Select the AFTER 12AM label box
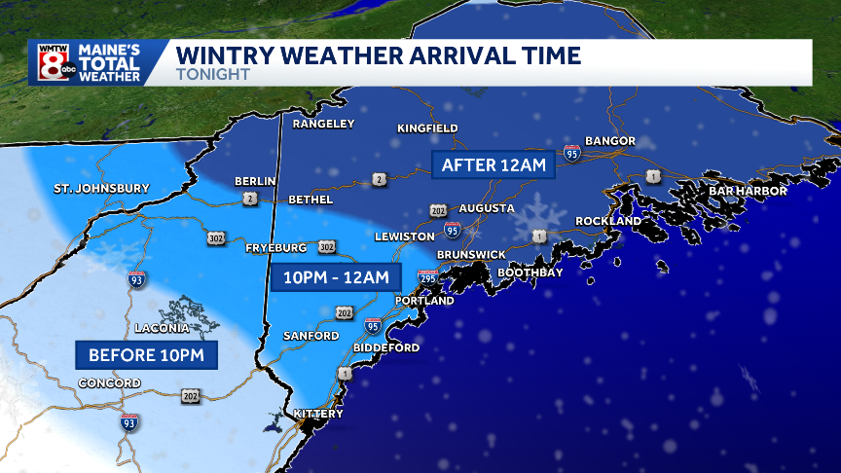point(493,164)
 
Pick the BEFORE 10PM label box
point(146,354)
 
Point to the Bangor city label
point(609,141)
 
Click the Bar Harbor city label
point(747,191)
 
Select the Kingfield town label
point(427,128)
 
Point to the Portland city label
point(424,301)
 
